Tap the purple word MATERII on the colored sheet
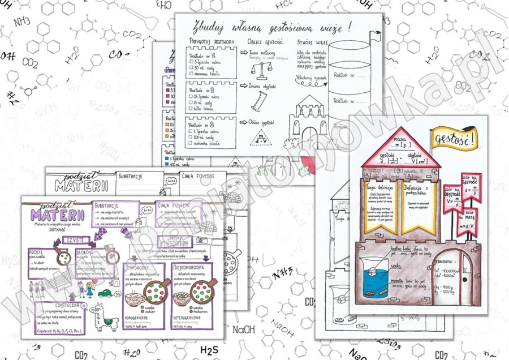(58, 215)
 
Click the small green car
(105, 293)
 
